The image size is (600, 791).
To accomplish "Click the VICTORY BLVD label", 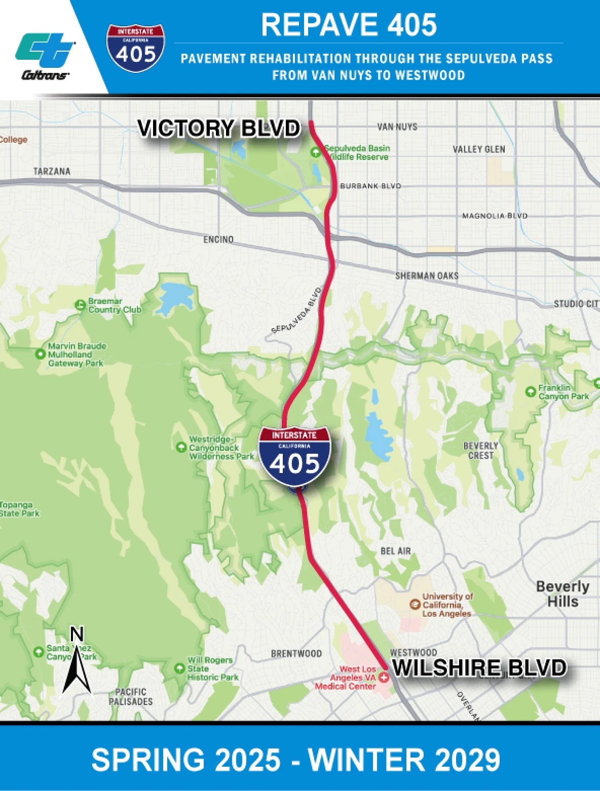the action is (219, 128).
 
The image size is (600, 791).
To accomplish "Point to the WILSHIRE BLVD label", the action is (479, 668).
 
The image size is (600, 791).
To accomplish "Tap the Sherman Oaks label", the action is (427, 276).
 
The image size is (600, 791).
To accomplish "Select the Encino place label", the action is (218, 239).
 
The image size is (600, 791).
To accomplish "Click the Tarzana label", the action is (52, 171).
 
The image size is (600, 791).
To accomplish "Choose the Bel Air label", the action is (395, 551).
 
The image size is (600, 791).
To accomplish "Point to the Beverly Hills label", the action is (562, 594).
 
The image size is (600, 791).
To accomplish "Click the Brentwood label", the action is (296, 654).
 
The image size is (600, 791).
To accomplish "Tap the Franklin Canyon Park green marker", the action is (531, 391).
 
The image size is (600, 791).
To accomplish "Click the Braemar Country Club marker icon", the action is (80, 305).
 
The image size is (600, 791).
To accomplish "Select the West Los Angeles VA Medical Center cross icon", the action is (384, 678).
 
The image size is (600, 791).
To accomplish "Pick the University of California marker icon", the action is (415, 604).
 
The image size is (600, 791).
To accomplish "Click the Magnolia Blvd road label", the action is (495, 216).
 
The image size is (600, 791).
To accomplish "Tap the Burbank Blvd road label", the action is (370, 186).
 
